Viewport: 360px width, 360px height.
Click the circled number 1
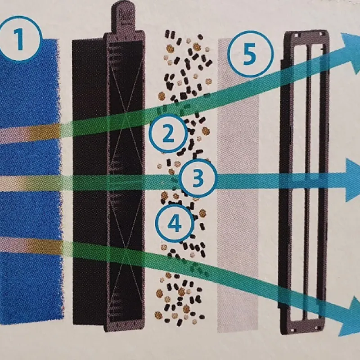click(x=20, y=39)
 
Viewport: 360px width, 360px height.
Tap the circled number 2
click(x=168, y=134)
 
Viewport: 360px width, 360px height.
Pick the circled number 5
click(x=250, y=54)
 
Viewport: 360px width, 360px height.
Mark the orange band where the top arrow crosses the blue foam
click(x=44, y=133)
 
